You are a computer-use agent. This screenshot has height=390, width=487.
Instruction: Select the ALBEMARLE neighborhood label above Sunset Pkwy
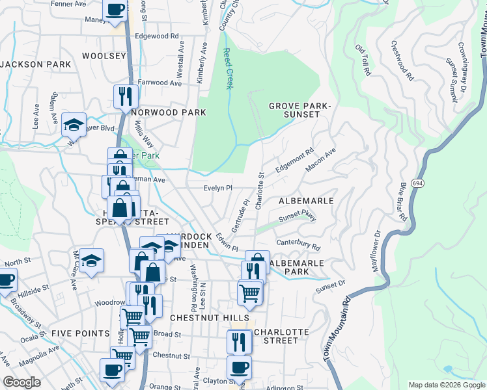[305, 201]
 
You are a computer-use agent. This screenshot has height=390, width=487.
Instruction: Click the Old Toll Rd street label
[363, 60]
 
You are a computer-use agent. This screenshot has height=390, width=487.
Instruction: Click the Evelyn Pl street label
[217, 188]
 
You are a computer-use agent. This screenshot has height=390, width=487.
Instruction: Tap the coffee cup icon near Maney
[116, 10]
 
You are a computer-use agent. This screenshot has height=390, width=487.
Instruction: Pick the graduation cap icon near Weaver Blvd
[74, 125]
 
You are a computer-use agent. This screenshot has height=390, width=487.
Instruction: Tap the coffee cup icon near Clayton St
[239, 367]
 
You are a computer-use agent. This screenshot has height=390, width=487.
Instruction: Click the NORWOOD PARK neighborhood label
[169, 112]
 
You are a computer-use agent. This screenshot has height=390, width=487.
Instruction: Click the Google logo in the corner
[21, 383]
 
